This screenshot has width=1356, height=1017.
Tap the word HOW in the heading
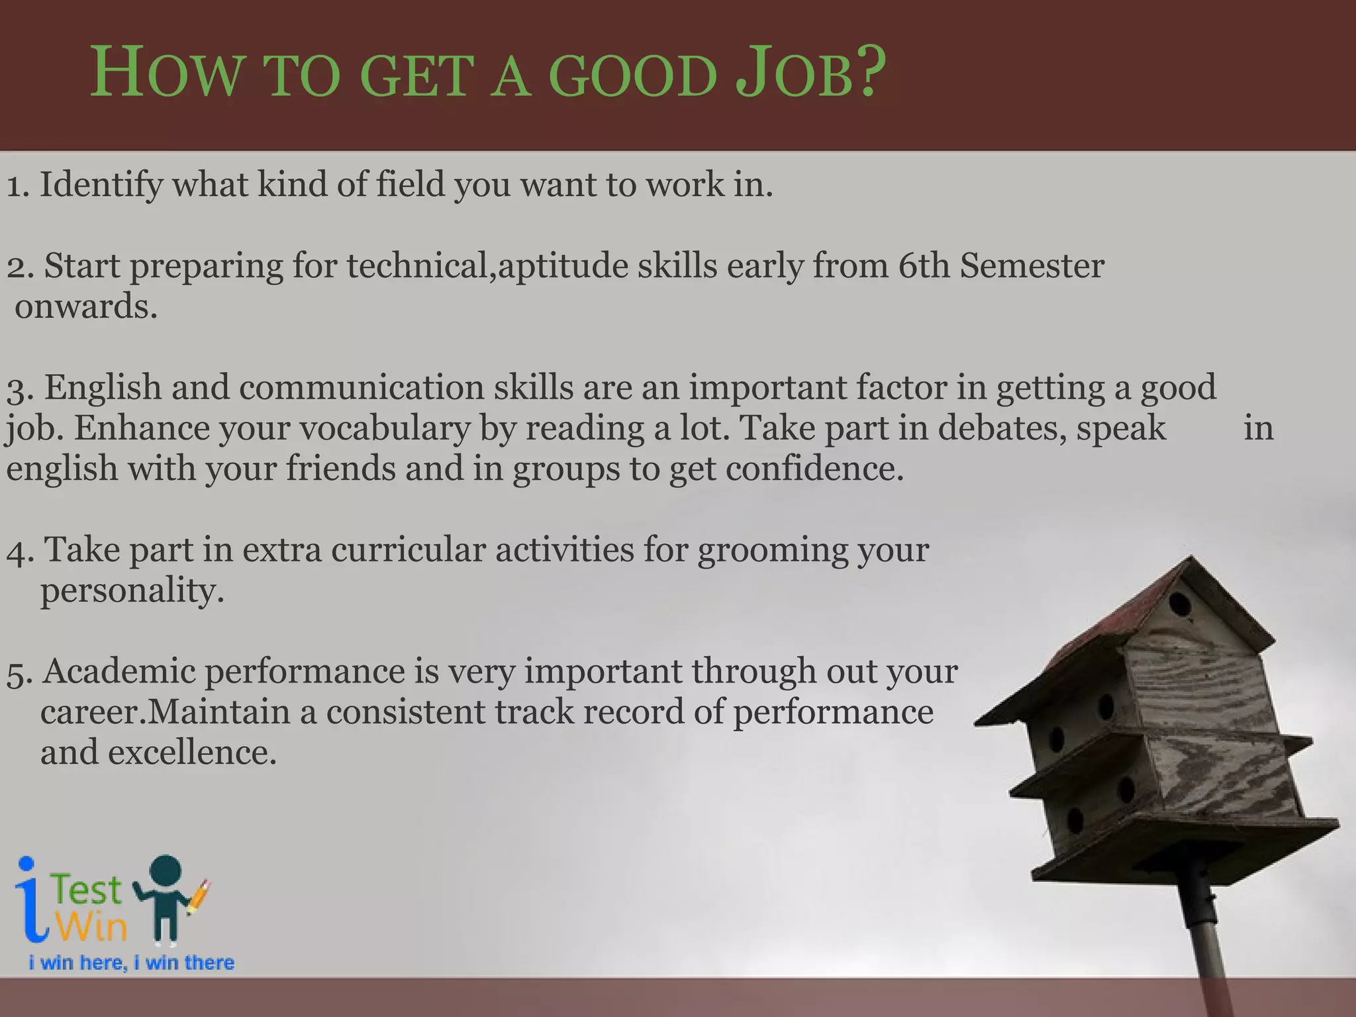pos(166,74)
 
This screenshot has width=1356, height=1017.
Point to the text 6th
pos(924,266)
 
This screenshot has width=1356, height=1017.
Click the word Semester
pos(1032,266)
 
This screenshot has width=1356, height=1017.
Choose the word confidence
pos(814,469)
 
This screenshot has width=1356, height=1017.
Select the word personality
pos(132,591)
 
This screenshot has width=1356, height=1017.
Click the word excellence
pos(192,753)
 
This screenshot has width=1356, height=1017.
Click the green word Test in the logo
pos(87,891)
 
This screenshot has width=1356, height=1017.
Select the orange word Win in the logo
pos(91,926)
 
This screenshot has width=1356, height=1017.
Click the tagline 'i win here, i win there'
pos(131,963)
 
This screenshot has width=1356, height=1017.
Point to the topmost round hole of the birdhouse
pos(1179,604)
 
